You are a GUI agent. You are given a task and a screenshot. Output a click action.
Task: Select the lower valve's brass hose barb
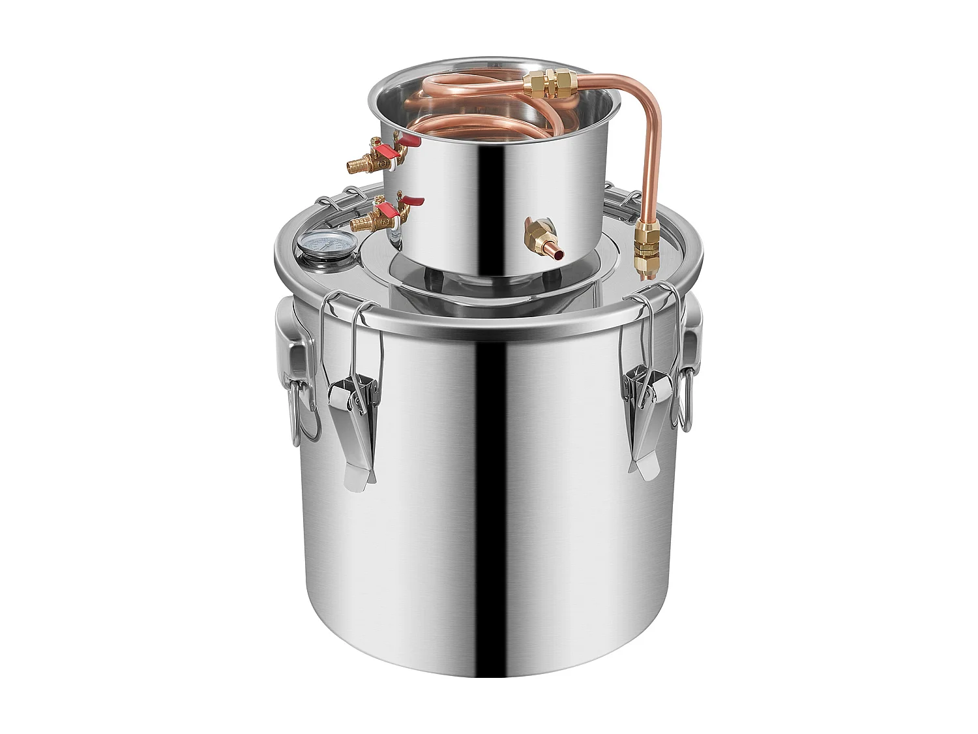click(361, 224)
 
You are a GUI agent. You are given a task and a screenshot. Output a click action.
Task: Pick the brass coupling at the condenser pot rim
click(547, 84)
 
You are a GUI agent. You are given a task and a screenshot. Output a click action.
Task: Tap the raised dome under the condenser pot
click(456, 281)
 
